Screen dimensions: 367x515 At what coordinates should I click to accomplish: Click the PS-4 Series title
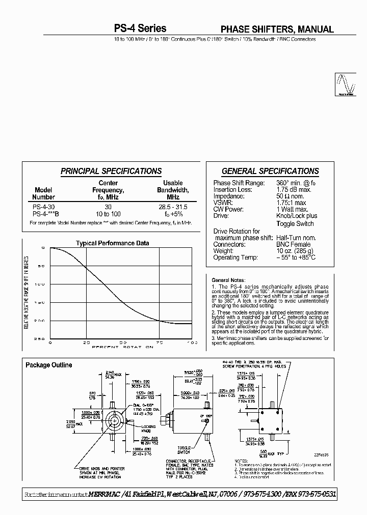[140, 29]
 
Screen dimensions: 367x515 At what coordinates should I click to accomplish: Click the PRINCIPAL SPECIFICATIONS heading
[111, 171]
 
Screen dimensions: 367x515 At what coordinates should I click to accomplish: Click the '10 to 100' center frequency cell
[108, 214]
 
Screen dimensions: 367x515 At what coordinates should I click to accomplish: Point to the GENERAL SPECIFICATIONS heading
[270, 171]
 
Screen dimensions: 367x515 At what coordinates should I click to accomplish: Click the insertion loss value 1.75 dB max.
[294, 190]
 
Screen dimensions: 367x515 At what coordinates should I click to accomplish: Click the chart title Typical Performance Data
[113, 243]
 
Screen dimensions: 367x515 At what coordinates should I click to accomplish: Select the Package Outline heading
[49, 365]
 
